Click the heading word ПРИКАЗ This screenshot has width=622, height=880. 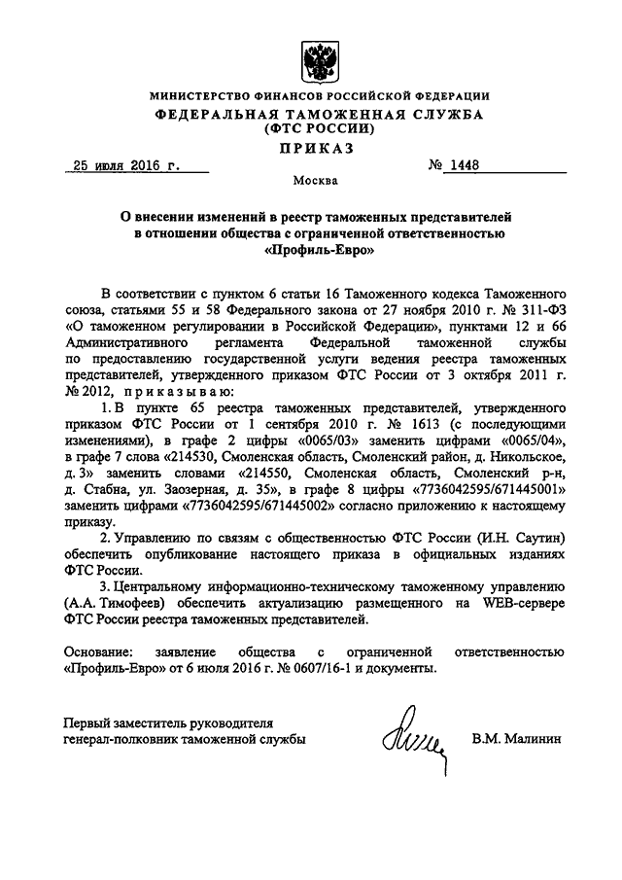pyautogui.click(x=318, y=149)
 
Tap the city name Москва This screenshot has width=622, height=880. pyautogui.click(x=316, y=182)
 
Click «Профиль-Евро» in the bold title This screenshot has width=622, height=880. pyautogui.click(x=318, y=250)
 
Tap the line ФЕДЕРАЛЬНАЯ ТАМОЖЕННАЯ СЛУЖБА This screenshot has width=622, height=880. pyautogui.click(x=318, y=114)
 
